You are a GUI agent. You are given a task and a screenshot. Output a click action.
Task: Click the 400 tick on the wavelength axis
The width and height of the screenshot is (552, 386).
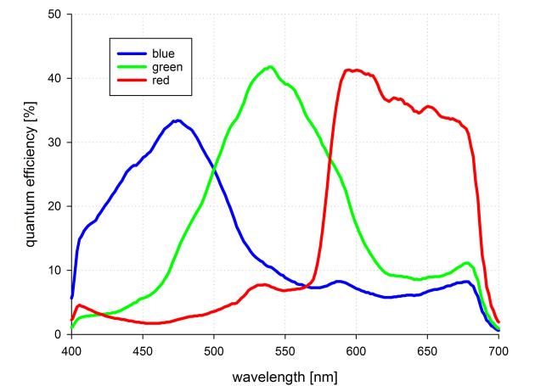click(x=71, y=347)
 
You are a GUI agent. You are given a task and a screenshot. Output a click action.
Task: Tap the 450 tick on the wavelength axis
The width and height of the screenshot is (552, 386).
click(x=143, y=347)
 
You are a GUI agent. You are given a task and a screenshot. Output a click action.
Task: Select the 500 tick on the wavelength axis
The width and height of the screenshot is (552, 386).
click(x=214, y=347)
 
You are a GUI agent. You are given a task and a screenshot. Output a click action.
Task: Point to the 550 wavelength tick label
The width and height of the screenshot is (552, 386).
click(x=285, y=347)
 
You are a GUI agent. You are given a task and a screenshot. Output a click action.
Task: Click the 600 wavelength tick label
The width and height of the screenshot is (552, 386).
click(x=357, y=347)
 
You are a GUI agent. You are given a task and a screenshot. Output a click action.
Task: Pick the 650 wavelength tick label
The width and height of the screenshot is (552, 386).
click(x=428, y=347)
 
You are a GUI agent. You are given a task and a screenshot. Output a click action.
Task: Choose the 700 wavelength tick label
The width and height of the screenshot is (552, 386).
click(x=498, y=347)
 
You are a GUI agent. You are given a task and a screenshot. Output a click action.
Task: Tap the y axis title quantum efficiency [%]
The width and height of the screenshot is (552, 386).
click(x=31, y=174)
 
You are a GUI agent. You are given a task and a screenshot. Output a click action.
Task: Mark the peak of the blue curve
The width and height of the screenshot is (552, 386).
click(x=177, y=120)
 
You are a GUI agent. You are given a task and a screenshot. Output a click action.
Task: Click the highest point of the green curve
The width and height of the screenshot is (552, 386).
click(x=271, y=66)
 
